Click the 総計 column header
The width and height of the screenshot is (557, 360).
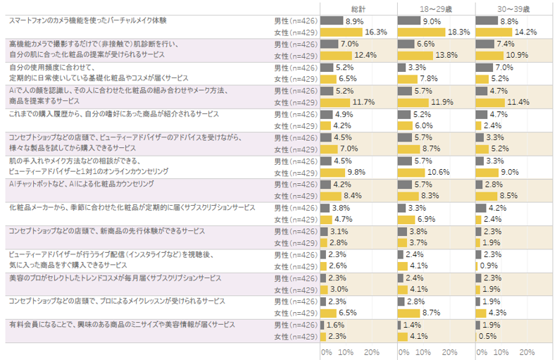[x=358, y=8]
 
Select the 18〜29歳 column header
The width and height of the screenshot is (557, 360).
[x=436, y=8]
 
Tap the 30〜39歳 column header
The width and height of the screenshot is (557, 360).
[x=513, y=8]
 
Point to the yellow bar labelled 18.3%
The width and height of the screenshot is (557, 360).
[x=421, y=32]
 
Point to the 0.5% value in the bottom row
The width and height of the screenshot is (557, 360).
[x=487, y=335]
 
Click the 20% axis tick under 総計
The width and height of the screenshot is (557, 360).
[x=373, y=352]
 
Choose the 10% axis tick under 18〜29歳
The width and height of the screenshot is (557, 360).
[x=424, y=352]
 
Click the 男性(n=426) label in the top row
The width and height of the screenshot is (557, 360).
[x=295, y=21]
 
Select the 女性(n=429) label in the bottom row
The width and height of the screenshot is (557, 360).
[x=295, y=335]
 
